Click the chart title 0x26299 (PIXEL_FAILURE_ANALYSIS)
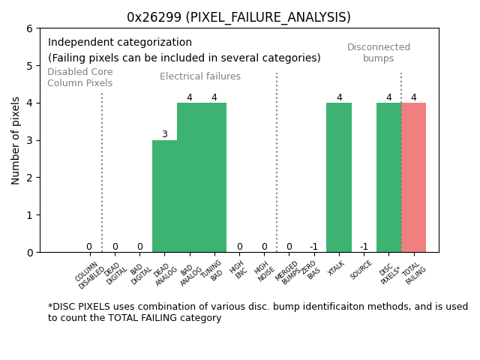point(238,17)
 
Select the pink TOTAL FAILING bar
point(413,177)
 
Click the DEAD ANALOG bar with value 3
point(164,196)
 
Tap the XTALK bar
point(339,177)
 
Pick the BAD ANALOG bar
point(189,177)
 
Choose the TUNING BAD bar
point(214,177)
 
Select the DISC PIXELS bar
point(388,177)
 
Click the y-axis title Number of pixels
point(16,140)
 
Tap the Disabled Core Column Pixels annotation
point(79,78)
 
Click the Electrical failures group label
point(200,76)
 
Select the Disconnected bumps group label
point(379,52)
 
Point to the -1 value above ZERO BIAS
point(313,247)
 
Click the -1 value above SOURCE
point(364,247)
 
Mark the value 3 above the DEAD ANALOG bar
point(164,135)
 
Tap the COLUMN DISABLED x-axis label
point(91,274)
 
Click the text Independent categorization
point(120,43)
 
